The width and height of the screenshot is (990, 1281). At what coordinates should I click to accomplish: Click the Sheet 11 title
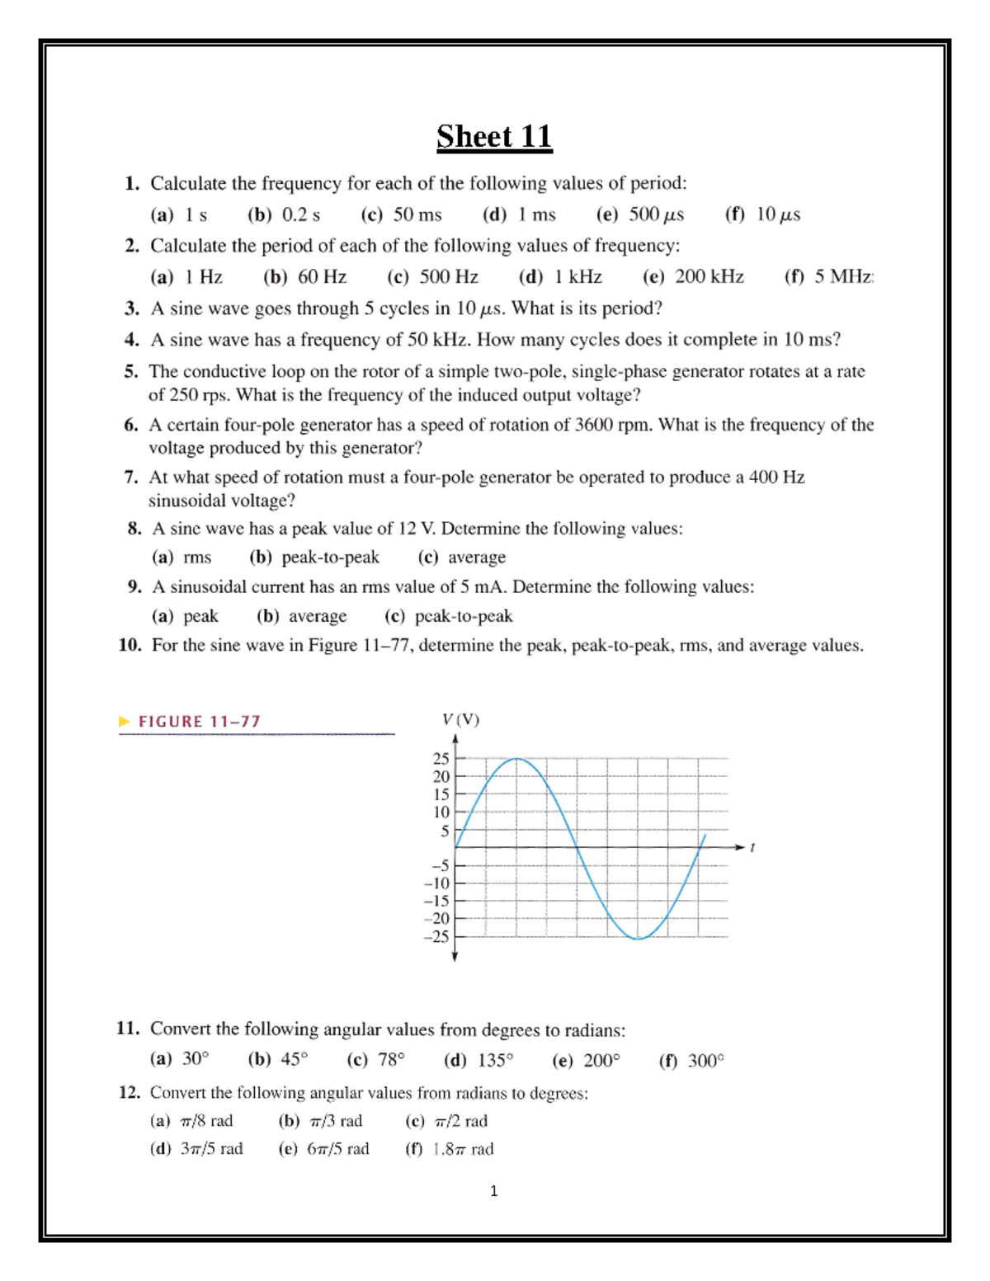point(494,136)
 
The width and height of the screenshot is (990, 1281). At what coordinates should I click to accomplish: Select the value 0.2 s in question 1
point(300,214)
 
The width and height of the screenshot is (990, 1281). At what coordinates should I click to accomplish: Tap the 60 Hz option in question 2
point(322,277)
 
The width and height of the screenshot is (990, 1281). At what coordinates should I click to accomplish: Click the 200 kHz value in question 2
point(709,277)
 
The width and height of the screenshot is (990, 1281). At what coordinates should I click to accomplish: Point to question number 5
point(131,371)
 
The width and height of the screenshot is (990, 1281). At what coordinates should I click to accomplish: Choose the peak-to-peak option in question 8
point(330,558)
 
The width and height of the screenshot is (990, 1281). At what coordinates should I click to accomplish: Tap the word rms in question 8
point(197,558)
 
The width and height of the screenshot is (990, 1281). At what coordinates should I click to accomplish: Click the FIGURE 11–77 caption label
point(199,722)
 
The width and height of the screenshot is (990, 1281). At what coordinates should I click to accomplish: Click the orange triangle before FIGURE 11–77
point(125,722)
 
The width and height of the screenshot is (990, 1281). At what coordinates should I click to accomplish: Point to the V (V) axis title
point(460,719)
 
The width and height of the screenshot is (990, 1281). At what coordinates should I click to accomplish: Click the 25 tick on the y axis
point(441,758)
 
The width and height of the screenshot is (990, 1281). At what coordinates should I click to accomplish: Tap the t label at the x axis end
point(752,847)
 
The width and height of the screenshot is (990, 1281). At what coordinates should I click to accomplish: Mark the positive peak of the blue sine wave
point(516,758)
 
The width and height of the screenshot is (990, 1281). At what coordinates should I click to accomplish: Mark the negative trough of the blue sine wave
point(638,938)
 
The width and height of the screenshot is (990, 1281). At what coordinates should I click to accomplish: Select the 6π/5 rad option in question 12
point(337,1149)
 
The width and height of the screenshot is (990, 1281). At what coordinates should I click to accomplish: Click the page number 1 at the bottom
point(493,1190)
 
